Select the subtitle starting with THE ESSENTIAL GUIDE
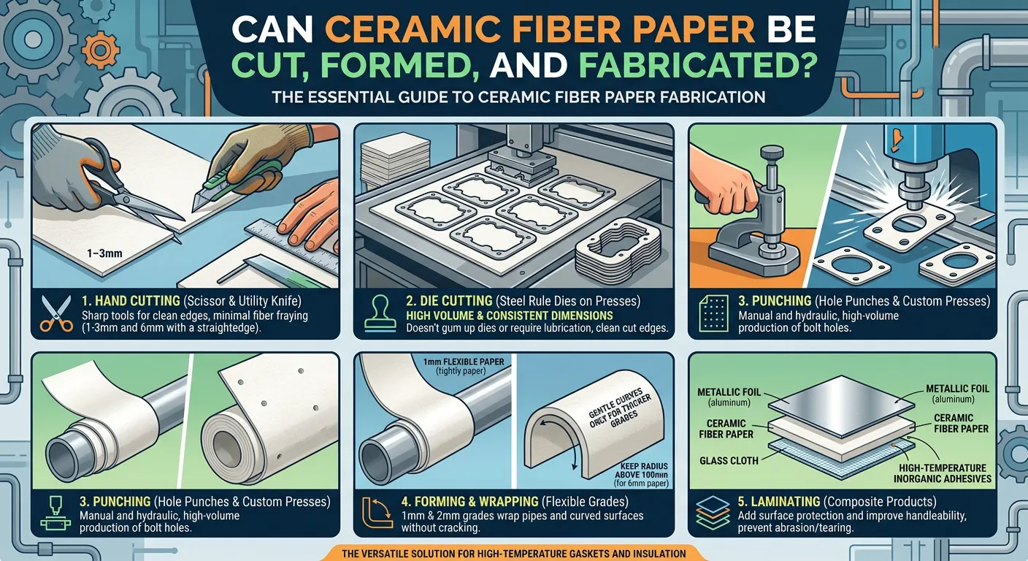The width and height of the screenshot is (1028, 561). coord(518,96)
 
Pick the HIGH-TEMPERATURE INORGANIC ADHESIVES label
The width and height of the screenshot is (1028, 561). coord(943,473)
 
